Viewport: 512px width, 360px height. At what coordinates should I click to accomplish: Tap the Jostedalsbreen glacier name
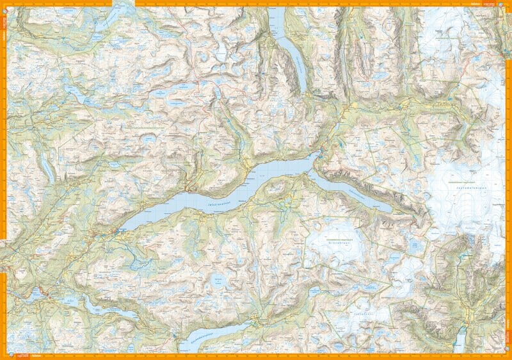[x=460, y=188]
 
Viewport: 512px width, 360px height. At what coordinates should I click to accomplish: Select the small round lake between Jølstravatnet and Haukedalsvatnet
[x=217, y=279]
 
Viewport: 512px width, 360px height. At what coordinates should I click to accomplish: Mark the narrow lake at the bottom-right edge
[x=460, y=339]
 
